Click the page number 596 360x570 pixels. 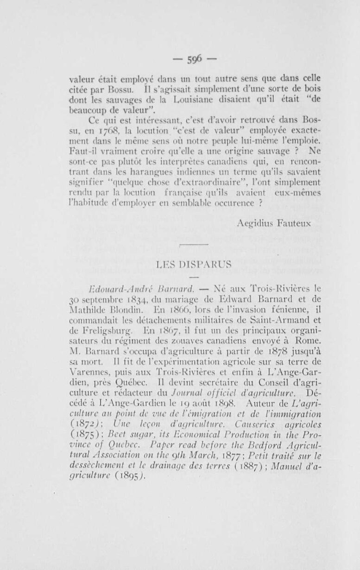click(180, 60)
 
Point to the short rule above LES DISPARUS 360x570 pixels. click(193, 244)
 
